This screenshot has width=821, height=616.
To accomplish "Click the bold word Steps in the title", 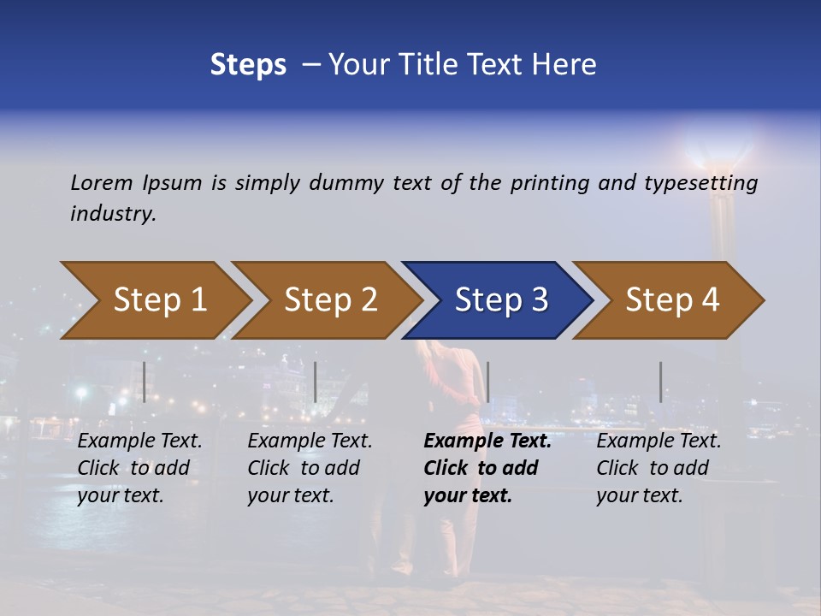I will (248, 64).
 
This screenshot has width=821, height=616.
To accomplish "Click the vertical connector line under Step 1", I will (145, 382).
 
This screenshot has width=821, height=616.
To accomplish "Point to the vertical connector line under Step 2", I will (316, 382).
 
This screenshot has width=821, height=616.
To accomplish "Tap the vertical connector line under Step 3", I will (487, 382).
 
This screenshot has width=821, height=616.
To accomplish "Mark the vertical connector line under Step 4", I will (660, 382).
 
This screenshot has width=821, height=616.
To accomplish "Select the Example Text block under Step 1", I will (139, 468).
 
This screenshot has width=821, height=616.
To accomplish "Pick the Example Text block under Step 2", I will (310, 468).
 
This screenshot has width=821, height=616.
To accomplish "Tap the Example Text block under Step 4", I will (659, 468).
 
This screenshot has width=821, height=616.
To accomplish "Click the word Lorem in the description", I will (102, 182).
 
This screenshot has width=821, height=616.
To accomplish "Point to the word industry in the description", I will (113, 213).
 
